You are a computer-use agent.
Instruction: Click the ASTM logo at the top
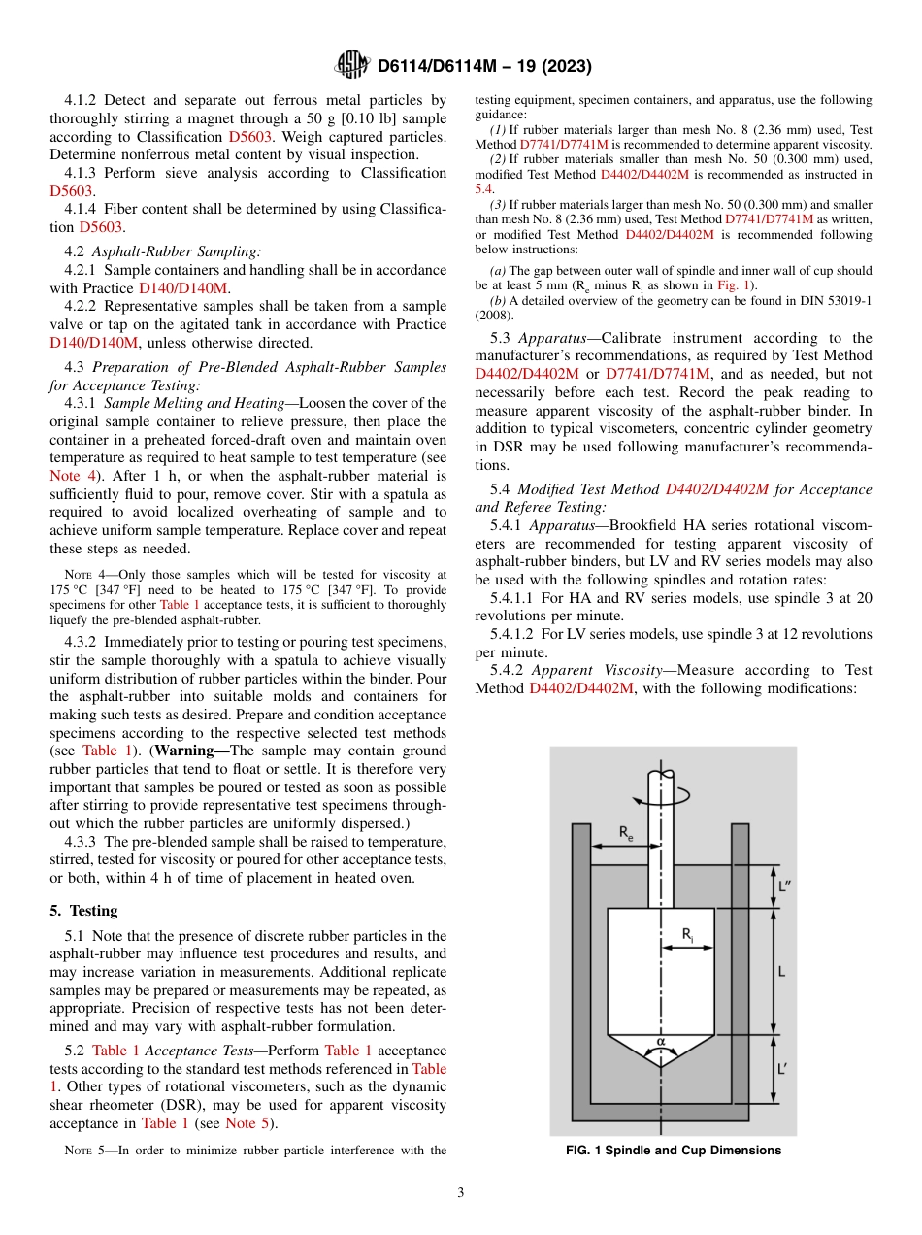[x=350, y=65]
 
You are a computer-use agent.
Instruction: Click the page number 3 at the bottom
[x=461, y=1193]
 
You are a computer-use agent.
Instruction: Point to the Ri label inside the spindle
[x=687, y=934]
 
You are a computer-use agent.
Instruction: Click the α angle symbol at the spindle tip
[x=661, y=1041]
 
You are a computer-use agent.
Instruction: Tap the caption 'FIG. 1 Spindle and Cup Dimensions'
[x=673, y=1151]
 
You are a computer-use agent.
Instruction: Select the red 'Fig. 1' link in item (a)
[x=729, y=285]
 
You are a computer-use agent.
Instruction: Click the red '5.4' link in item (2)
[x=484, y=189]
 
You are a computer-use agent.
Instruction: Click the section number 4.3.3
[x=82, y=842]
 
